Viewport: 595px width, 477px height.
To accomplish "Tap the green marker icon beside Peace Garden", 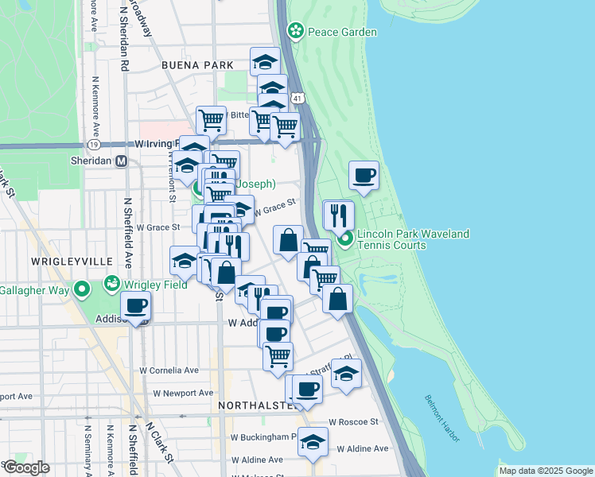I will [x=296, y=31].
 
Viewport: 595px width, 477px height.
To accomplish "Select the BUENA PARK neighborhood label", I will [x=197, y=65].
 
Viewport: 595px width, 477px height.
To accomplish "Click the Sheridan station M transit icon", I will [x=122, y=161].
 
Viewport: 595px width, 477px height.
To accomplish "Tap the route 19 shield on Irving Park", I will [x=94, y=145].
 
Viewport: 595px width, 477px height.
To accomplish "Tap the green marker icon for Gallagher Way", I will [x=82, y=289].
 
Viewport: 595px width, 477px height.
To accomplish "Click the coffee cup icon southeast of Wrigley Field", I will [x=135, y=305].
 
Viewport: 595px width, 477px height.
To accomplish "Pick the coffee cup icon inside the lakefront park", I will [x=364, y=175].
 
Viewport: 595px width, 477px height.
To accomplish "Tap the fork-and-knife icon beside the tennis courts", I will [x=338, y=215].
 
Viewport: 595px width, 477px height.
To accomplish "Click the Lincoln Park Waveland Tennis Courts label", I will [x=413, y=239].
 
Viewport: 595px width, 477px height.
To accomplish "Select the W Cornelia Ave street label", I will [x=169, y=370].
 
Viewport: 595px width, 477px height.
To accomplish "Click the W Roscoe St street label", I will [x=355, y=421].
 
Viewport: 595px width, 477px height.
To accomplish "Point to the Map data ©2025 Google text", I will [x=545, y=471].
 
